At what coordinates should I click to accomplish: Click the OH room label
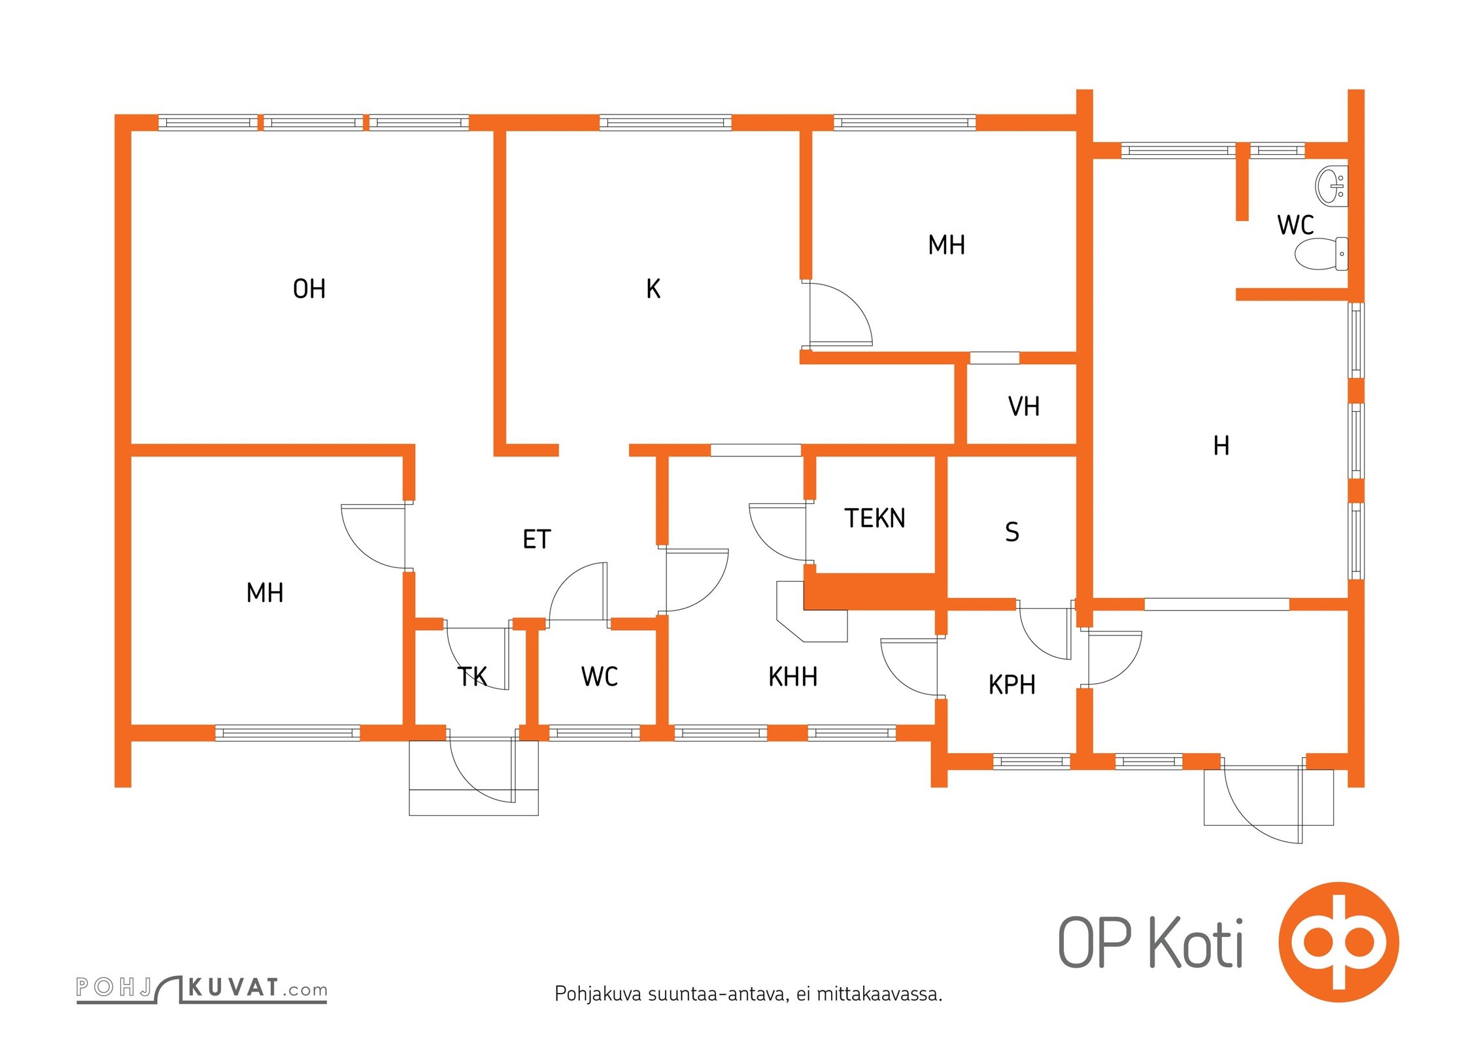309,289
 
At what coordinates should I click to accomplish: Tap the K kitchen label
653,289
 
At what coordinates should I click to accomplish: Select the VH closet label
1023,407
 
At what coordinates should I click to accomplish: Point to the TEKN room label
875,518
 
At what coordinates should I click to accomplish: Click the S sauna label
1011,532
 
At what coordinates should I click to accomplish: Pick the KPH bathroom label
1011,685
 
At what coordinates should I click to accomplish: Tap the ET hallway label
537,539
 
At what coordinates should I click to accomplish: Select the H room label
1221,446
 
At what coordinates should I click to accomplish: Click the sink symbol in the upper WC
1331,186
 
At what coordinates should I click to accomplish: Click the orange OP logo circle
1338,942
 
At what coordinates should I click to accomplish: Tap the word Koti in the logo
1196,943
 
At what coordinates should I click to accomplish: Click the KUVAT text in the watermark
233,987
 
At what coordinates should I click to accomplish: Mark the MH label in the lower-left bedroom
265,593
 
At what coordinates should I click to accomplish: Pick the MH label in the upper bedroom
946,245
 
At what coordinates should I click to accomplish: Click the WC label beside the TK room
599,677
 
